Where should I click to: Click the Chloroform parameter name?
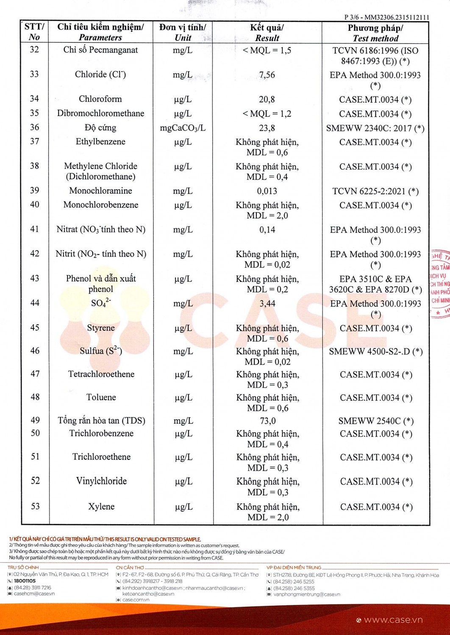[100, 99]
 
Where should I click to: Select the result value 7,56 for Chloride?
[267, 75]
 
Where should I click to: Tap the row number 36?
[34, 127]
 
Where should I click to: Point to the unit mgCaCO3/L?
[183, 128]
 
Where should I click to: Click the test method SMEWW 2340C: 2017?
[375, 128]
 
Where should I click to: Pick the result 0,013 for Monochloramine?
[267, 191]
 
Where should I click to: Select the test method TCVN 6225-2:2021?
[375, 191]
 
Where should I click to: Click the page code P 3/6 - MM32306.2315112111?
[386, 17]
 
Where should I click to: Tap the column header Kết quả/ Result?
[267, 33]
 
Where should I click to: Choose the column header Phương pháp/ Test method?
[375, 33]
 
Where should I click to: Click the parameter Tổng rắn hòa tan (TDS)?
[101, 420]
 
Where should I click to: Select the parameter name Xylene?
[101, 506]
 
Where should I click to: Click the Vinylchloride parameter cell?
[101, 481]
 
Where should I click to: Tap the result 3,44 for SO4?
[267, 304]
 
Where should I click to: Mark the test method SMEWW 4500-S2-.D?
[375, 351]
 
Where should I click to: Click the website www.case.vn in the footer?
[393, 620]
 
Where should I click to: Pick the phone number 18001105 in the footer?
[25, 581]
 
